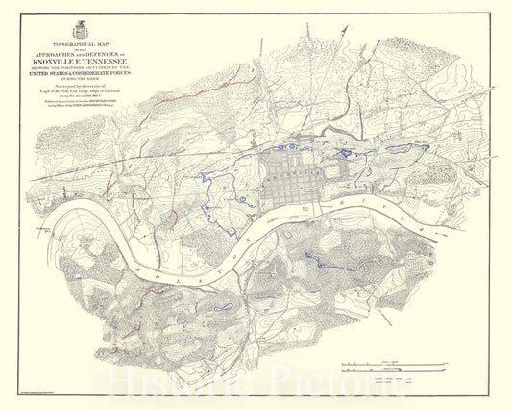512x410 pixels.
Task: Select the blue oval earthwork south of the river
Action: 223,307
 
